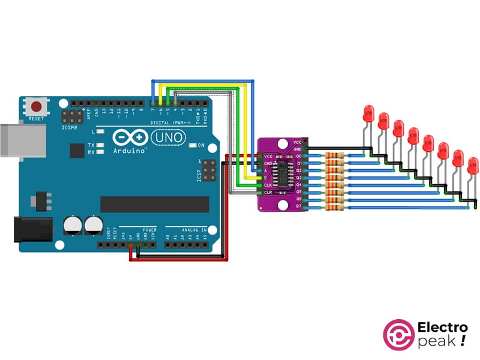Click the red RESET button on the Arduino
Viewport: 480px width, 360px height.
click(x=37, y=107)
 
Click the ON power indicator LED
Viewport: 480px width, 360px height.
click(x=192, y=146)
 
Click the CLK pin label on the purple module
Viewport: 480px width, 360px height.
click(x=268, y=185)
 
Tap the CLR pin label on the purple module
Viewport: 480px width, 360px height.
click(x=268, y=193)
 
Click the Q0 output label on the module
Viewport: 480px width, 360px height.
click(x=298, y=156)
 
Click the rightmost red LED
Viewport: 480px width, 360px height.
click(x=473, y=165)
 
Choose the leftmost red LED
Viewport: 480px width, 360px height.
click(x=368, y=113)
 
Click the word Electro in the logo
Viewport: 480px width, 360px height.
click(x=442, y=328)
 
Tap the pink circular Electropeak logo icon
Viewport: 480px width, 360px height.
click(x=399, y=335)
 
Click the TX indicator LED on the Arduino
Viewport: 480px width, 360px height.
click(x=101, y=145)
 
